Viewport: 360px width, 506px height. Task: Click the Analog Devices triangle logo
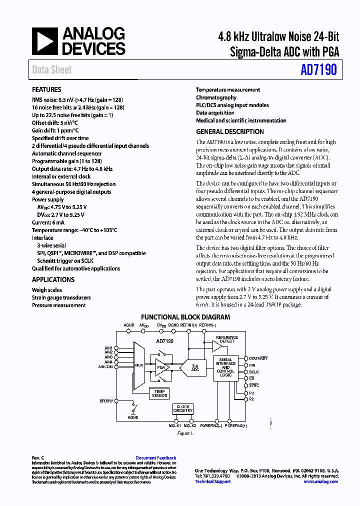tap(44, 41)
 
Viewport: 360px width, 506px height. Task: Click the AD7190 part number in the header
tap(318, 69)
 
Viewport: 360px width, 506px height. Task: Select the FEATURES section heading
tap(46, 89)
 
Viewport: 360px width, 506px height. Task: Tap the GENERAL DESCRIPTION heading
tap(229, 132)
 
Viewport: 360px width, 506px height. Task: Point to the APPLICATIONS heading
tap(53, 280)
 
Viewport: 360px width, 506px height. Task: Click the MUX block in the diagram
tap(139, 365)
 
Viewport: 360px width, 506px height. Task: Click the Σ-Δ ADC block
tap(195, 367)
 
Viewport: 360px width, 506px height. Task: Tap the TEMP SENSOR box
tap(159, 393)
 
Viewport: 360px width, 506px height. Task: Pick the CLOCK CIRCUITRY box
tap(182, 409)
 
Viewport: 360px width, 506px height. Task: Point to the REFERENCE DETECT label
tap(227, 339)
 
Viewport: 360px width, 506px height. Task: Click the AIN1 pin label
tap(108, 348)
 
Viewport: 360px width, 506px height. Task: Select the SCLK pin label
tap(254, 372)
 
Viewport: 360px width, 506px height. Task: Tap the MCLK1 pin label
tap(174, 426)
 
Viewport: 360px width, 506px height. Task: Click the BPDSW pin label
tap(106, 401)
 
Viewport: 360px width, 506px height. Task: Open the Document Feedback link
tap(155, 458)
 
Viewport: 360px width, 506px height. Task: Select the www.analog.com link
tap(320, 481)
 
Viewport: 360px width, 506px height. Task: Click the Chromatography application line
tap(216, 97)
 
